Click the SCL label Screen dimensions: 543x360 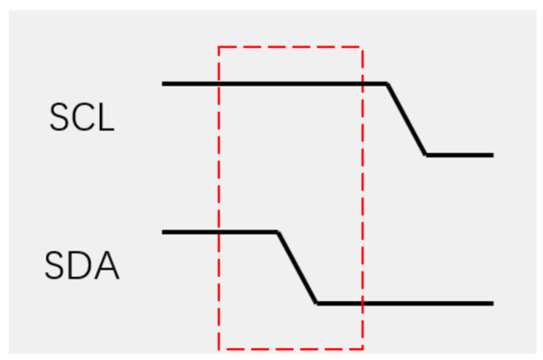pos(82,119)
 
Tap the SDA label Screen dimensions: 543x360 pos(82,266)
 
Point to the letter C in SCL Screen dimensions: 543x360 pos(82,119)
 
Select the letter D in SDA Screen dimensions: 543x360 pos(82,266)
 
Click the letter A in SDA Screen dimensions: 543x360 pos(106,266)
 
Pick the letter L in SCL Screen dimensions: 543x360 pos(106,119)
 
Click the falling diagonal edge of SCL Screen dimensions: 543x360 pos(406,119)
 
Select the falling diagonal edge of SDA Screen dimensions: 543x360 pos(297,268)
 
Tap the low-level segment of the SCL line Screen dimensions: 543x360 pos(459,154)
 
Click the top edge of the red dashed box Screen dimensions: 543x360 pos(290,47)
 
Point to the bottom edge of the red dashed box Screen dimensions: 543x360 pos(290,349)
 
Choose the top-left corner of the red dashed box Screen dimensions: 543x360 pos(219,47)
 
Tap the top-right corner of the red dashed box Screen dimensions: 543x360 pos(362,47)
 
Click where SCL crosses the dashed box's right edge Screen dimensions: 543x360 pos(362,83)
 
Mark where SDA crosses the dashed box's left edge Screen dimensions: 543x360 pos(219,232)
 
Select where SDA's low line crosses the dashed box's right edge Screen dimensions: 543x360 pos(362,303)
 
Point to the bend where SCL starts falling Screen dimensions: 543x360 pos(387,83)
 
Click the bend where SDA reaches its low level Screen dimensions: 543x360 pos(317,303)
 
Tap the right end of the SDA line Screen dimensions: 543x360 pos(491,303)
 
